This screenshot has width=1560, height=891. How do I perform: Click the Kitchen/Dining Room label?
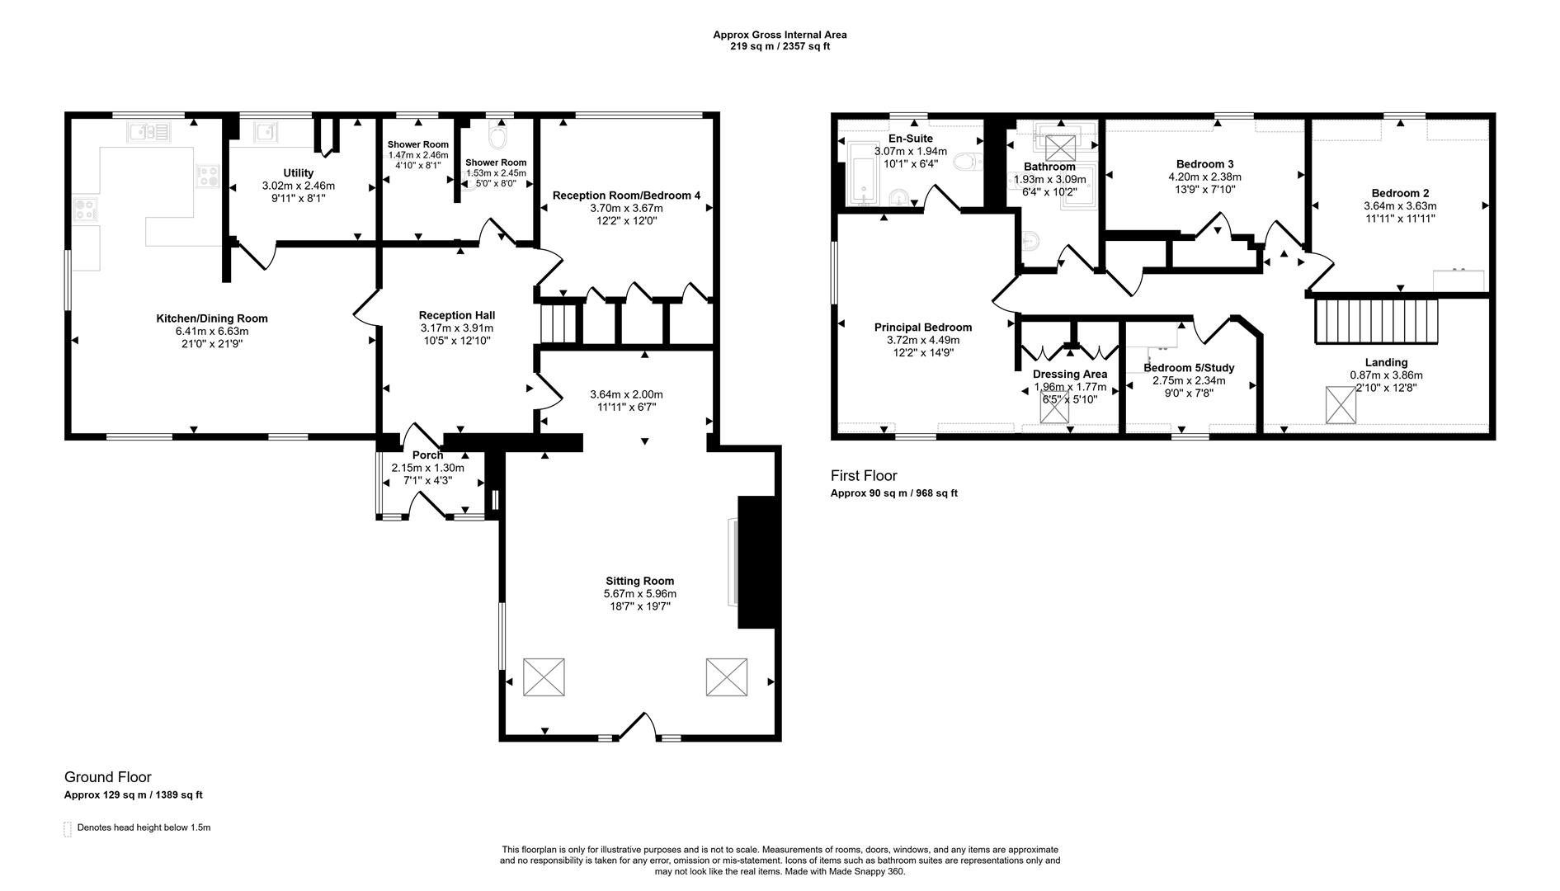coord(212,318)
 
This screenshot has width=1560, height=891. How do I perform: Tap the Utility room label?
coord(298,173)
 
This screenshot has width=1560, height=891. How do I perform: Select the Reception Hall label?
coord(456,315)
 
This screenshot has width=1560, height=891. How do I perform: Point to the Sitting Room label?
coord(639,581)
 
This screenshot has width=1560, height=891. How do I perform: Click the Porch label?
coord(427,455)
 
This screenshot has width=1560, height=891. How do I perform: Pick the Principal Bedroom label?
coord(923,328)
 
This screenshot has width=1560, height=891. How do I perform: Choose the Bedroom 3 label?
coord(1204,164)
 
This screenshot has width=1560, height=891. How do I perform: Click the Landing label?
coord(1386,362)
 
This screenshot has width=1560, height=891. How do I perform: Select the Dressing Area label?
coord(1070,374)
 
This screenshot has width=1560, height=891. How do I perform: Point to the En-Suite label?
coord(910,139)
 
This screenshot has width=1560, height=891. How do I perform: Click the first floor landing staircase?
coord(1375,321)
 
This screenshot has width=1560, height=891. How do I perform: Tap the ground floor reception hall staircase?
coord(558,323)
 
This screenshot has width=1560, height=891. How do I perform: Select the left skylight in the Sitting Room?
coord(544,677)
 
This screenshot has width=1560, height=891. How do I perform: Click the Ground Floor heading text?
coord(108,777)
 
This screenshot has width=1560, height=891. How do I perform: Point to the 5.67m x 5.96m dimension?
coord(639,594)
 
